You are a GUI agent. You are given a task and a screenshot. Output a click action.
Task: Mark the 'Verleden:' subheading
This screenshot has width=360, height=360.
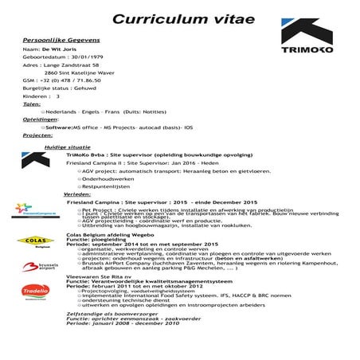[x=77, y=194]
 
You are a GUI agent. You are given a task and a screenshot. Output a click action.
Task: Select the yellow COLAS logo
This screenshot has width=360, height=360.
[x=29, y=240]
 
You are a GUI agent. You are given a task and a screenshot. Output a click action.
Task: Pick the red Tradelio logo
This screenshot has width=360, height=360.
[x=29, y=292]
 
